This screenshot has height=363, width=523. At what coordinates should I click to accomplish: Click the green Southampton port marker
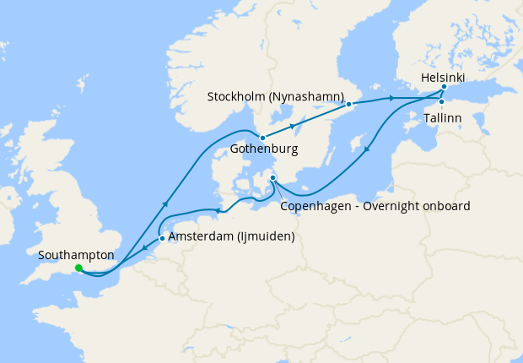click(x=78, y=268)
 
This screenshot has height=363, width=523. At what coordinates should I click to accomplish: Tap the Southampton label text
click(x=75, y=253)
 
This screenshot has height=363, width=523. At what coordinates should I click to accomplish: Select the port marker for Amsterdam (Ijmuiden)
click(x=162, y=238)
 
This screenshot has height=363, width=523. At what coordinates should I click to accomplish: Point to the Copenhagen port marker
click(x=272, y=177)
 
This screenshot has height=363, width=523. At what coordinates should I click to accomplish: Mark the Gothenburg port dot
click(x=262, y=138)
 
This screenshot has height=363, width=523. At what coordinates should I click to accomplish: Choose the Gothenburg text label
click(x=263, y=152)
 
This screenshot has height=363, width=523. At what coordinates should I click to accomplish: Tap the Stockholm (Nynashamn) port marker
click(x=348, y=104)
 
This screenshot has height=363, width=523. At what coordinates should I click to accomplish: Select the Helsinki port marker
click(x=444, y=86)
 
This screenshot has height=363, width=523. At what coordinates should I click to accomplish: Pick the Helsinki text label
click(x=443, y=76)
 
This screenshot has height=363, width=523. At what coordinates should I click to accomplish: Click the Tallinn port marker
click(x=441, y=103)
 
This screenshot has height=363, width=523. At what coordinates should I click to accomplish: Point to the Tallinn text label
click(x=443, y=118)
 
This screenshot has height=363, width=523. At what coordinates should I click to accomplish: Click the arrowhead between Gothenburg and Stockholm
click(x=293, y=126)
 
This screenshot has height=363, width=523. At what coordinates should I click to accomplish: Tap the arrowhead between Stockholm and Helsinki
click(x=392, y=99)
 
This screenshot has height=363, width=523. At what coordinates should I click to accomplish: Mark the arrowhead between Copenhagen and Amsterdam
click(x=218, y=211)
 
